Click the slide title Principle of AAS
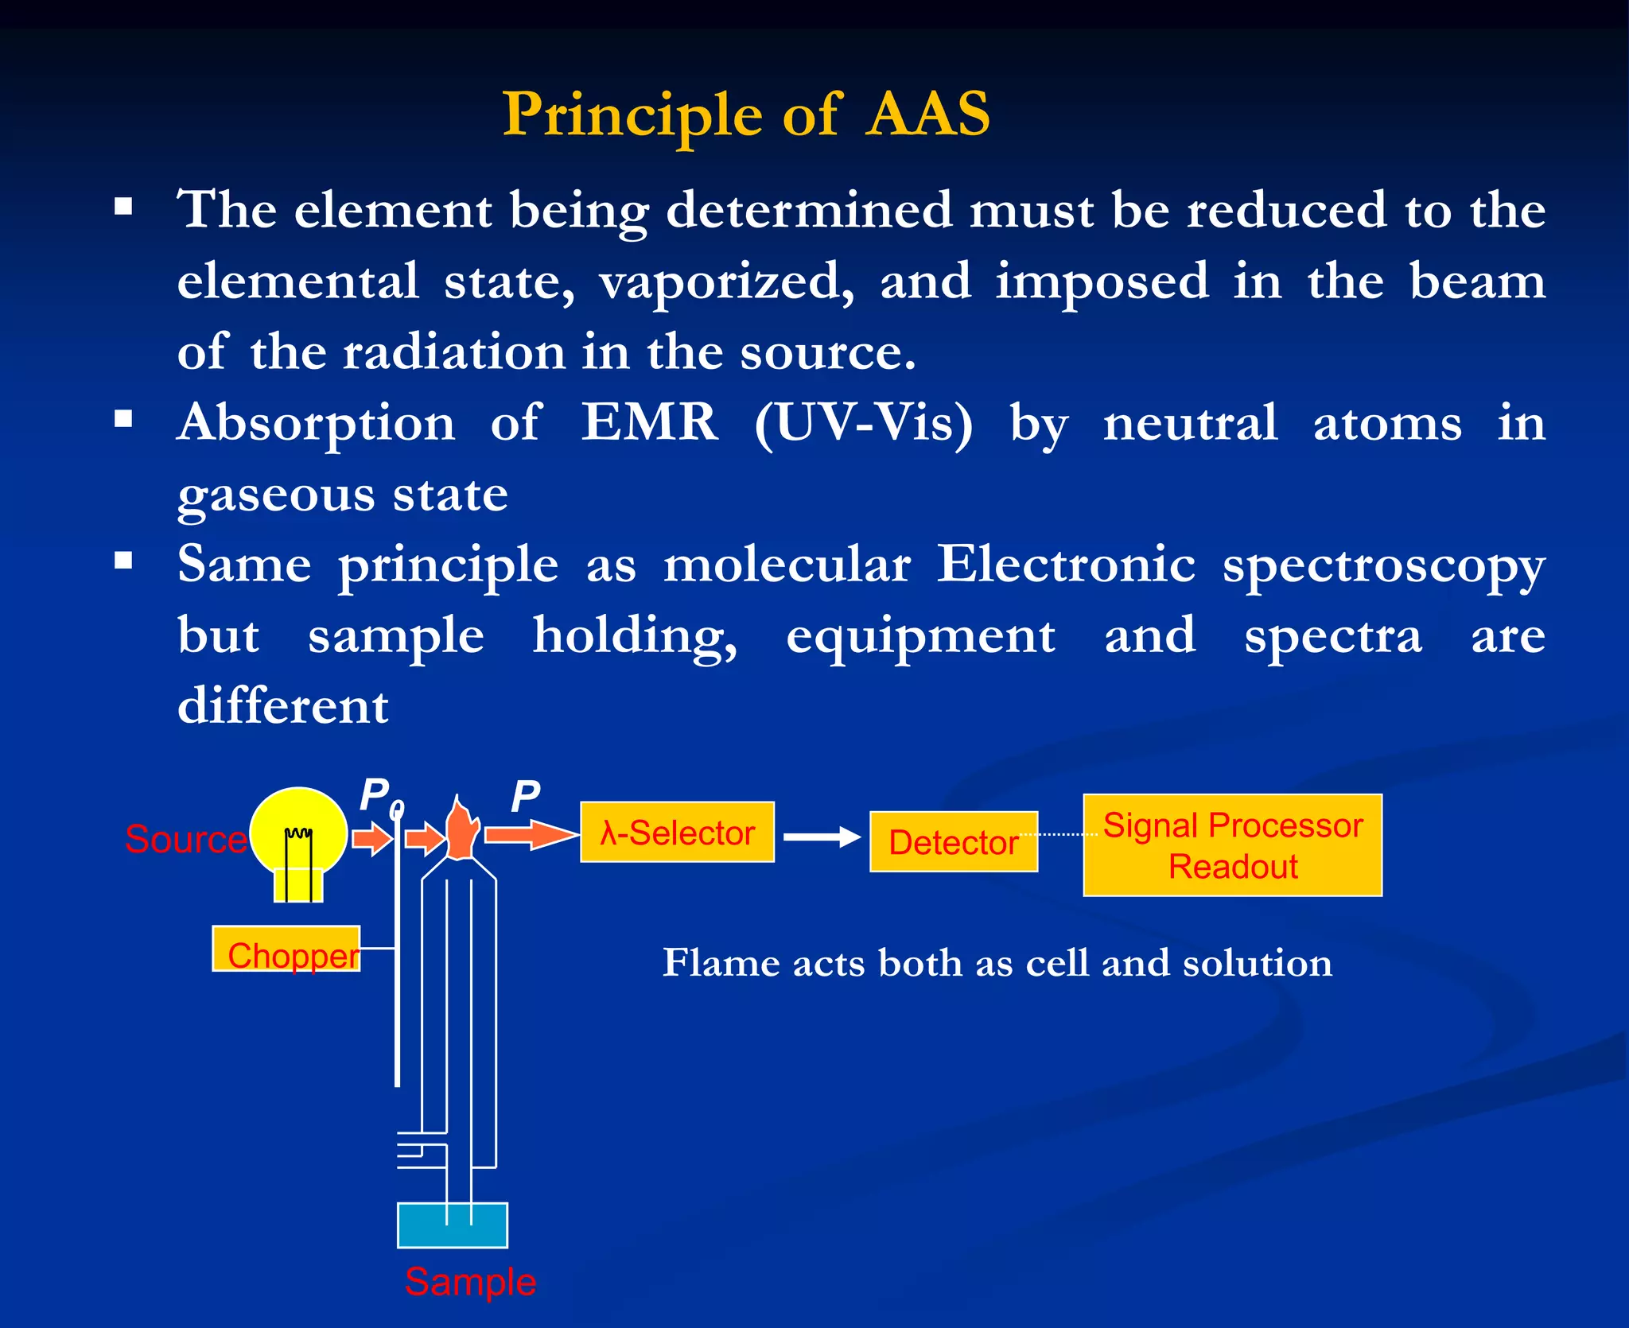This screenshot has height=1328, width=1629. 746,114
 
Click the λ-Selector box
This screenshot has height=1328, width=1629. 677,833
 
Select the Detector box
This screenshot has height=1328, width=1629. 953,842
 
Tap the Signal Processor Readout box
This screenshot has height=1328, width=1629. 1232,845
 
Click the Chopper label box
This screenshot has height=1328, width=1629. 286,949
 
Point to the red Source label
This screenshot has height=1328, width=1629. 186,840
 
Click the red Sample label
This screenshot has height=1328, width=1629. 470,1282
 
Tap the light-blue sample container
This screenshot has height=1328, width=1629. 452,1225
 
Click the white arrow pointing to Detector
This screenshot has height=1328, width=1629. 821,837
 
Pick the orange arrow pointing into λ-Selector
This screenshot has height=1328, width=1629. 531,835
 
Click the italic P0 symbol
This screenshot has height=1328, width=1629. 381,797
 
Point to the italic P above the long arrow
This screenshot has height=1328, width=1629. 525,797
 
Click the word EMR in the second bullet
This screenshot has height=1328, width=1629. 649,422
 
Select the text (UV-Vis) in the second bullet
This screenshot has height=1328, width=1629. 863,424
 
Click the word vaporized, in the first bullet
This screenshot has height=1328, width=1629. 727,282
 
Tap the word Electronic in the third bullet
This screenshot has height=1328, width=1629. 1066,565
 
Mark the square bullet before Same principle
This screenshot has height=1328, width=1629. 123,561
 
